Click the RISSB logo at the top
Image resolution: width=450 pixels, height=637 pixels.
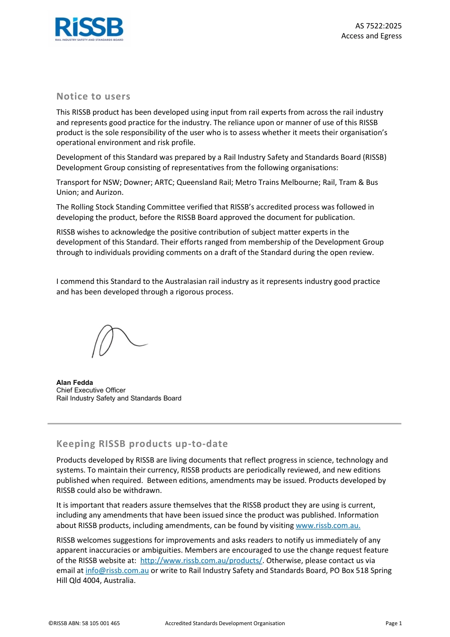(x=89, y=29)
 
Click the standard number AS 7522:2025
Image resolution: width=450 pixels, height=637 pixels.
(x=378, y=26)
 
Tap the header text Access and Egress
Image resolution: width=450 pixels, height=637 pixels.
(x=371, y=36)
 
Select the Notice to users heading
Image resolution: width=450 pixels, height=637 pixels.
(x=93, y=97)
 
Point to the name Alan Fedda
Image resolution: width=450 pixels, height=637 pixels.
(x=74, y=382)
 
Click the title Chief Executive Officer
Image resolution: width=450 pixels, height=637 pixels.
(x=91, y=391)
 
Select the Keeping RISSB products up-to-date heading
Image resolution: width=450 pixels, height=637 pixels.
(x=142, y=444)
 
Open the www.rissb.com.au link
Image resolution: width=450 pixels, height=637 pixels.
(x=328, y=526)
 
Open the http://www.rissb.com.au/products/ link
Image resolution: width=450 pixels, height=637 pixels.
(x=201, y=561)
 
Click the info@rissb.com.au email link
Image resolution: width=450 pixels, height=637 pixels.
(x=117, y=571)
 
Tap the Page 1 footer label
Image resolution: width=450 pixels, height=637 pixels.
(x=393, y=624)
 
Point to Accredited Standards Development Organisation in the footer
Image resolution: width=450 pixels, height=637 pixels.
(x=225, y=624)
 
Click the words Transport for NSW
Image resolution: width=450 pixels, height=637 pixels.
(x=88, y=182)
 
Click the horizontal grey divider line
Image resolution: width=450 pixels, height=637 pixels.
(x=225, y=424)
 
